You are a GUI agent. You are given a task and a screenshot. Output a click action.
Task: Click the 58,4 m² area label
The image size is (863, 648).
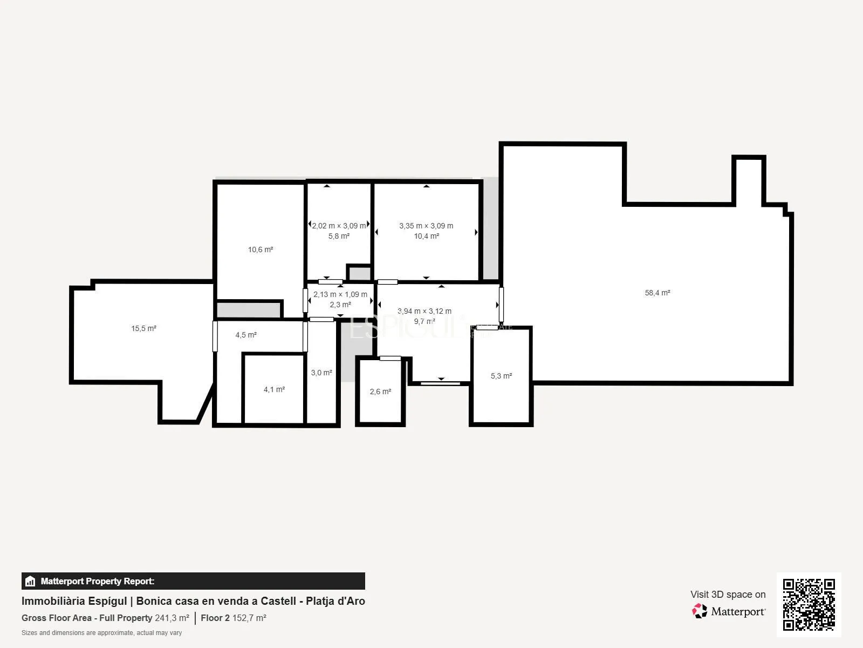coord(657,293)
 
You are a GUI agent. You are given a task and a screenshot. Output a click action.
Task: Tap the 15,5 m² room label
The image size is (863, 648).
coord(143,328)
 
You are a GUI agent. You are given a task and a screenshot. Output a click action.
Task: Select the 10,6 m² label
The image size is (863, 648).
coord(261,249)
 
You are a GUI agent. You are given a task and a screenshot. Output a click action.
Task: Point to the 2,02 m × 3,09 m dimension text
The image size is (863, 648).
coord(339,226)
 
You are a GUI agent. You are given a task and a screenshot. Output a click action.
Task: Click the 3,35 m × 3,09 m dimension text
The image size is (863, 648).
coord(426,226)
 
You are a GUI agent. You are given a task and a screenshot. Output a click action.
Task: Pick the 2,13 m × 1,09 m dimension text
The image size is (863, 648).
coord(340,294)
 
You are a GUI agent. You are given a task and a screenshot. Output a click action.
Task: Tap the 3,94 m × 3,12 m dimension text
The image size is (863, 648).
coord(424,311)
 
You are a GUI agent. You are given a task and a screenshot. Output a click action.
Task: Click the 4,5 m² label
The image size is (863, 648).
coord(246,335)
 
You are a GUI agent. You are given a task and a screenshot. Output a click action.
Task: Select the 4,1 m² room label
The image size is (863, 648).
coord(274,389)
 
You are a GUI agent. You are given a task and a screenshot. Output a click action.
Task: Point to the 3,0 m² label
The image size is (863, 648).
coord(321,373)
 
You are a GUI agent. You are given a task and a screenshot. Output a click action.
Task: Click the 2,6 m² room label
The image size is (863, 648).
coord(380,392)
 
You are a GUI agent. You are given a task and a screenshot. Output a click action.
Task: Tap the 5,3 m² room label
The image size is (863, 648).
coord(501,376)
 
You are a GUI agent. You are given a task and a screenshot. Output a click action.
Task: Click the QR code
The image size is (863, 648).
coord(809,605)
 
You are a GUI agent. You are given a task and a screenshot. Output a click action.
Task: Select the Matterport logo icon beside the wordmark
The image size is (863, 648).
coord(700,611)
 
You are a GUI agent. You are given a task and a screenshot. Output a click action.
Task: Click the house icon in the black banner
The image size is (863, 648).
coord(30,581)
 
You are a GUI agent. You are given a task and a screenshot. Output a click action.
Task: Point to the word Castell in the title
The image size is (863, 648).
coord(278,601)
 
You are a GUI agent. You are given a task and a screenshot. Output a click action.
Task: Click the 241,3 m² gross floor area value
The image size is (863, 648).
coord(172,618)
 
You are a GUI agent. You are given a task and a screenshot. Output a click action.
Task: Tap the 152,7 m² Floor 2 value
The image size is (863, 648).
coord(249,618)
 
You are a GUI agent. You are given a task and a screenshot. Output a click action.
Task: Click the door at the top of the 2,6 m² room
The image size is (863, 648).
coord(390,359)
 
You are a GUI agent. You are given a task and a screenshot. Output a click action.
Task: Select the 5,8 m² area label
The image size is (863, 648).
coord(339,236)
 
